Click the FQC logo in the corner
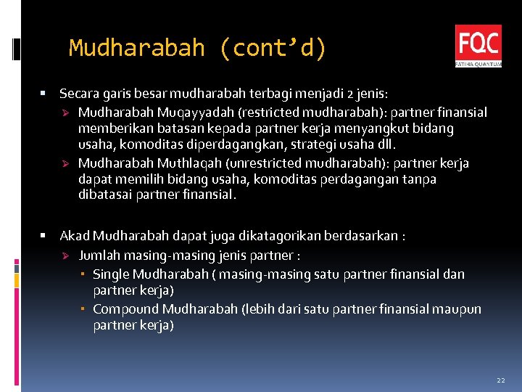(478, 45)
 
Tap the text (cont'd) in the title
(272, 48)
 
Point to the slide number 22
(500, 380)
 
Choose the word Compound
(126, 309)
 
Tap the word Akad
(74, 235)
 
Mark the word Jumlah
(98, 255)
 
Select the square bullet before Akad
(44, 236)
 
